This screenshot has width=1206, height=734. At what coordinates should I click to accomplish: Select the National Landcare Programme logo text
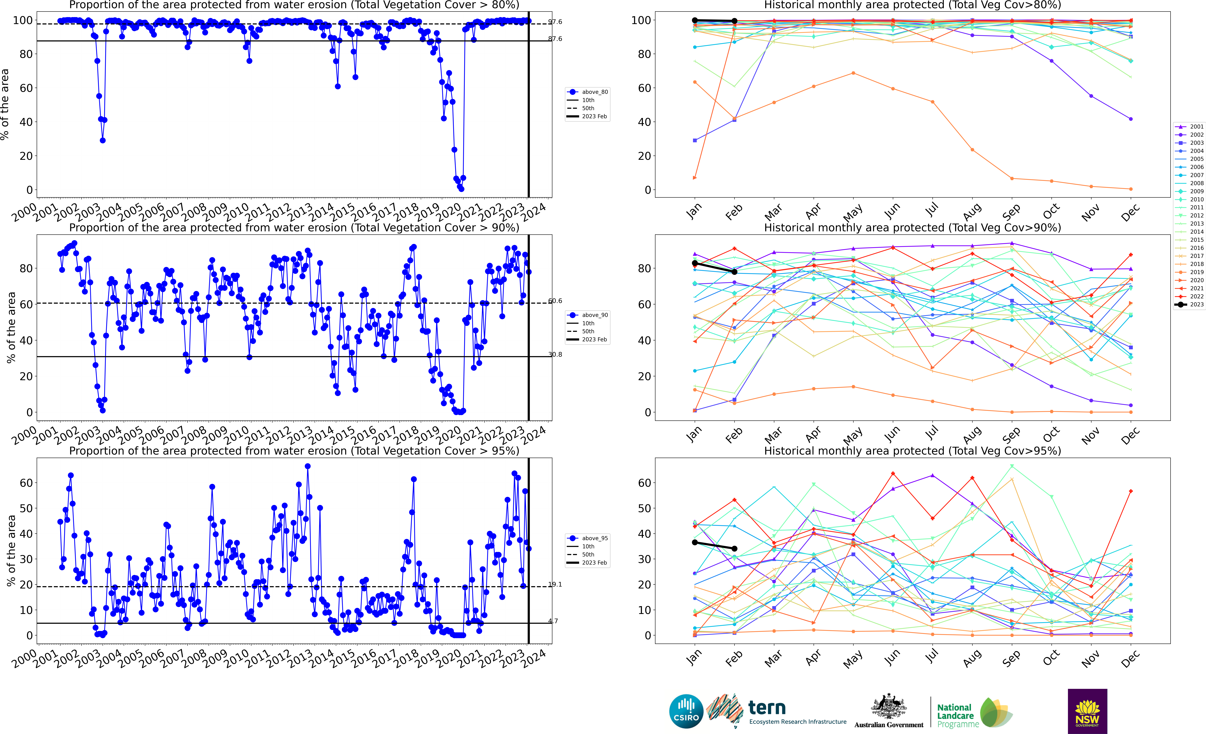click(x=955, y=715)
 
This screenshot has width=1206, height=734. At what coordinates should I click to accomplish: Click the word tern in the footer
click(x=767, y=708)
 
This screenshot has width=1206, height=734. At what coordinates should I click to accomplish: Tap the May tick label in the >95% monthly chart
click(x=853, y=659)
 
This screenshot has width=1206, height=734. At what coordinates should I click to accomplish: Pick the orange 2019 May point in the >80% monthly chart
click(x=853, y=73)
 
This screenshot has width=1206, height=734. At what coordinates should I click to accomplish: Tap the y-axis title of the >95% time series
click(x=11, y=551)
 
